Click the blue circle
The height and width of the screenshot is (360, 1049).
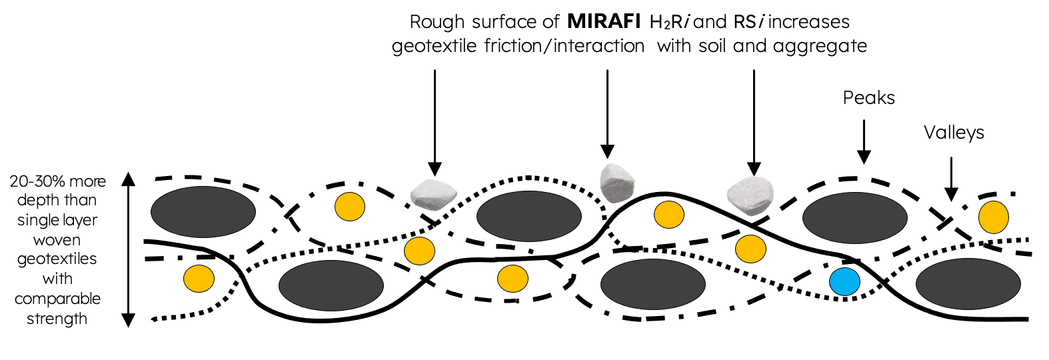click(x=844, y=281)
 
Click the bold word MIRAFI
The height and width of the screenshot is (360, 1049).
click(x=604, y=22)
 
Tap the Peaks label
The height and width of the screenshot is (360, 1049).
click(x=868, y=98)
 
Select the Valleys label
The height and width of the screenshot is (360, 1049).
click(x=953, y=133)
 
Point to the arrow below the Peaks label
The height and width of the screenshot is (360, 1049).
click(x=864, y=141)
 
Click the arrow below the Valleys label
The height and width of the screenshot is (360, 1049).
click(x=951, y=179)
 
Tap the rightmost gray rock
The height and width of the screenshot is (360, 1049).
click(x=750, y=195)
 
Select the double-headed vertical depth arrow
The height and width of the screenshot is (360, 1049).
click(x=129, y=249)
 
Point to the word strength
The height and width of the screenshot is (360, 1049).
click(x=57, y=319)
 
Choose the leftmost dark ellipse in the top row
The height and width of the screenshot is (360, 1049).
click(x=203, y=212)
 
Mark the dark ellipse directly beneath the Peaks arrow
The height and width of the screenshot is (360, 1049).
click(x=854, y=218)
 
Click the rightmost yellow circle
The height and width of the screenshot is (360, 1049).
click(x=993, y=217)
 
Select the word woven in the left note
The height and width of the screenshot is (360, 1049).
click(x=57, y=240)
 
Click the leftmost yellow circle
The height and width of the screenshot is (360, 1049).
click(x=199, y=278)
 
